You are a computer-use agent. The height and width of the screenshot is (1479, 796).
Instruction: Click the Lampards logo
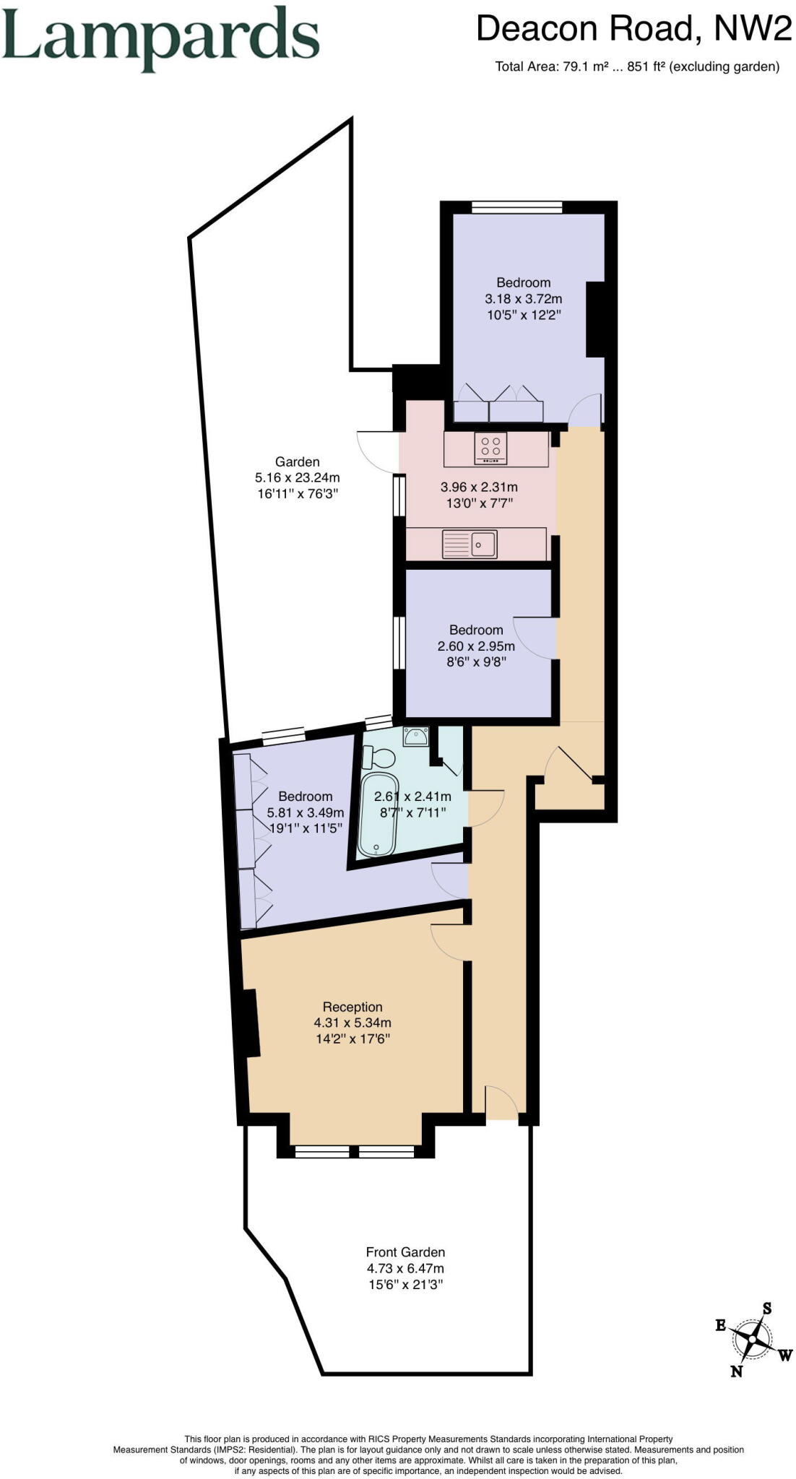160,39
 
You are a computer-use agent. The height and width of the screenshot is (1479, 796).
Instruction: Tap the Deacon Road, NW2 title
633,29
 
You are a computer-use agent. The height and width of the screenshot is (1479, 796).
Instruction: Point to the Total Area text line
636,67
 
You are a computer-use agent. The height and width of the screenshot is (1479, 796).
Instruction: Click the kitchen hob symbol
490,448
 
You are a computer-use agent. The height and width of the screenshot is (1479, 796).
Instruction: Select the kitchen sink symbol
470,544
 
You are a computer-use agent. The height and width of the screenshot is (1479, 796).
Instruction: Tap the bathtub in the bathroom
378,815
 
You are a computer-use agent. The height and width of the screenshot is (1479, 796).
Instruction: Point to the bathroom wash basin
415,737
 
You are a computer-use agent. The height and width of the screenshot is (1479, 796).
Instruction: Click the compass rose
753,1340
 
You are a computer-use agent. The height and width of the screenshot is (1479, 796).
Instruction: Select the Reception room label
352,1007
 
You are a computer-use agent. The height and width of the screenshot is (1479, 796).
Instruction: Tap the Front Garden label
405,1252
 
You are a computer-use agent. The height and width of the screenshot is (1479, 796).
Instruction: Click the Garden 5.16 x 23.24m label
297,477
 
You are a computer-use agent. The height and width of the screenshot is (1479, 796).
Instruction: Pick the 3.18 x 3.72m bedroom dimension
523,298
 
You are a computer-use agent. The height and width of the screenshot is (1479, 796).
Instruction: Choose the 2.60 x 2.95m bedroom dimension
476,646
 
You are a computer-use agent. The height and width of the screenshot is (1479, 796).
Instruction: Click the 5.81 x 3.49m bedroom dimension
306,812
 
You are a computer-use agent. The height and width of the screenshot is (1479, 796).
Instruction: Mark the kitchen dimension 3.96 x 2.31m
479,487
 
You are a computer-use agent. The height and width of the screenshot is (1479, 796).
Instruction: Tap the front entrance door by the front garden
501,1103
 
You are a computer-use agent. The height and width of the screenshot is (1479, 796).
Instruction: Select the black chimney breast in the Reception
250,1023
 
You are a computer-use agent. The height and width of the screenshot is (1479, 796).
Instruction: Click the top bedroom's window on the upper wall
516,207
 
